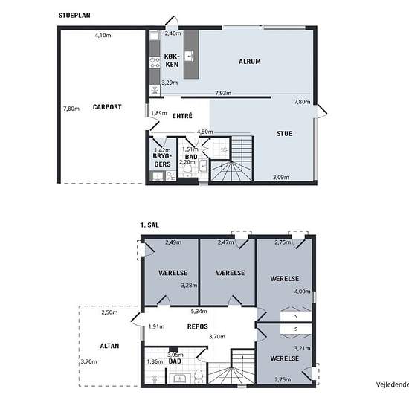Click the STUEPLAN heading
tap(74, 16)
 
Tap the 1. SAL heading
tap(149, 225)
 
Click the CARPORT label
tap(107, 107)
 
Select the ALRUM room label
tap(250, 62)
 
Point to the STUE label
tap(284, 134)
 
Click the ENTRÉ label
tap(182, 116)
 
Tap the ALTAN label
tap(109, 346)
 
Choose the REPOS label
tap(198, 326)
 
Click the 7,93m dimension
tap(223, 93)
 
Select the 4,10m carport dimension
tap(103, 35)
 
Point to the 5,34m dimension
tap(199, 311)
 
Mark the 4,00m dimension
tap(303, 292)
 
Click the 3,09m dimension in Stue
tap(281, 178)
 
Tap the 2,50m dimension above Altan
tap(109, 312)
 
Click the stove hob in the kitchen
tap(155, 62)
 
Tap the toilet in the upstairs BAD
tap(199, 376)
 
